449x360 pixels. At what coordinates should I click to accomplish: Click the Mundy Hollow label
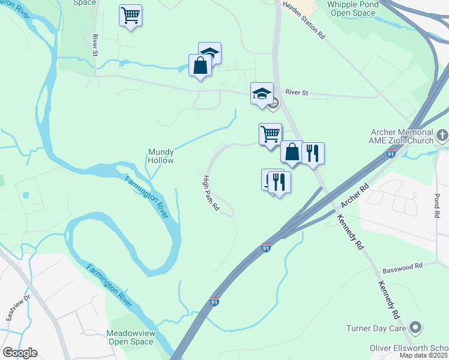[161, 156]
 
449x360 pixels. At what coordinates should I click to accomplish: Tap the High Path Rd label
[210, 193]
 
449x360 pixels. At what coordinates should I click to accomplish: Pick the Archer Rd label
[354, 196]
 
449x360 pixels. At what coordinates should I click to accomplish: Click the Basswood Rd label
[402, 265]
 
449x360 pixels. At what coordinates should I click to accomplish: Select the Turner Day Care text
[376, 328]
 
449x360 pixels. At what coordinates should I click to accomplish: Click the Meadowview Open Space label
[130, 337]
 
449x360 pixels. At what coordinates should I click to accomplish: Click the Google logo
[19, 353]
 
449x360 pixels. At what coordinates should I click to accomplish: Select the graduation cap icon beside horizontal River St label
[262, 94]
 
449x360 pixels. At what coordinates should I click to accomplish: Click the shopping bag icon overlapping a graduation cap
[200, 65]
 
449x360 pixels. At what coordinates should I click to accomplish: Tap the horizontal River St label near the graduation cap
[297, 92]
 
